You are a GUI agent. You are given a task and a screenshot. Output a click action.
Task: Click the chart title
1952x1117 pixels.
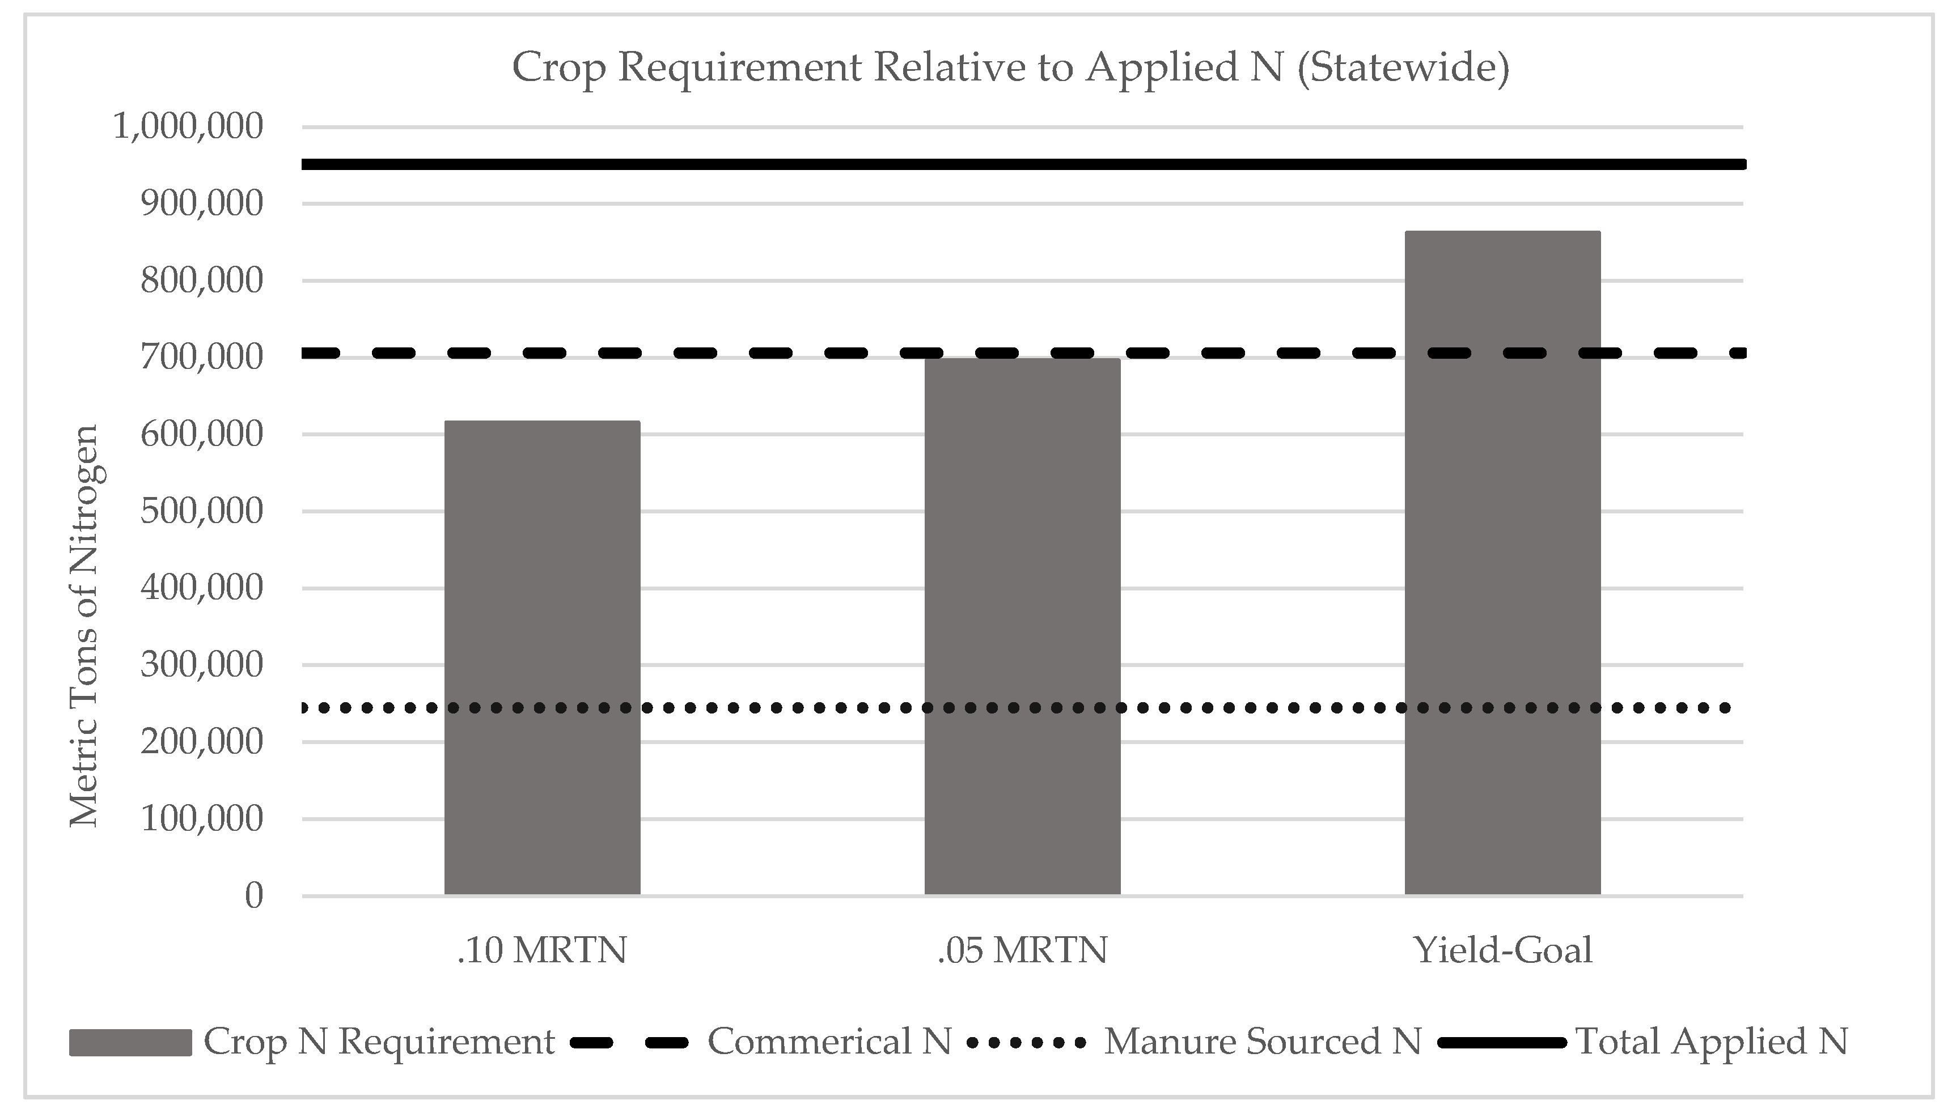[x=1010, y=67]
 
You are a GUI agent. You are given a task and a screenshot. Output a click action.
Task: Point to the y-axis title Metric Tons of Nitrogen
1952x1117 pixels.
[x=84, y=626]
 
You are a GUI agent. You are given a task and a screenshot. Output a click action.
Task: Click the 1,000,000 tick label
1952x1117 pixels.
[x=188, y=126]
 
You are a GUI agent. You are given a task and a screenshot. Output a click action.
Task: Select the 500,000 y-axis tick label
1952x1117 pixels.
[x=201, y=511]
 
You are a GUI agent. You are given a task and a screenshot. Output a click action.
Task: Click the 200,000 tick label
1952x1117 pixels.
[x=201, y=742]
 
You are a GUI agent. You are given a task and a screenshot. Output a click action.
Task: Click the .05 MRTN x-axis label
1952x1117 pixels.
[x=1022, y=950]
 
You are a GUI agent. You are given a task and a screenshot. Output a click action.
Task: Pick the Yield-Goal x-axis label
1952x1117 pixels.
[x=1502, y=950]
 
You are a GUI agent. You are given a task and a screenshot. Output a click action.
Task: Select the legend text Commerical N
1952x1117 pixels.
[x=829, y=1042]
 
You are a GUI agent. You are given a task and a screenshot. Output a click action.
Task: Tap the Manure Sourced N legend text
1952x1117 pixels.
[x=1262, y=1042]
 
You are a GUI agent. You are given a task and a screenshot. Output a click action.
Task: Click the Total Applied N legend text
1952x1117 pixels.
[x=1711, y=1042]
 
